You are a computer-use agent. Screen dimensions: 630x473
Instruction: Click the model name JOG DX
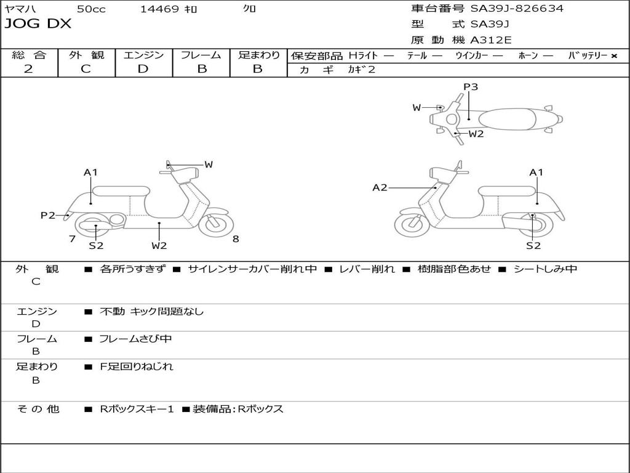tap(38, 23)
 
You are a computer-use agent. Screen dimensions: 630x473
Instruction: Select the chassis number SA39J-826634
tap(517, 9)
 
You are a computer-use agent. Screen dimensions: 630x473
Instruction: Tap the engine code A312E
tap(490, 40)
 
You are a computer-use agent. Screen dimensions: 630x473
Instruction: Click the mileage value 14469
tap(159, 9)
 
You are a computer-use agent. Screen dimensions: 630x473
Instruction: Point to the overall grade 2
tap(28, 69)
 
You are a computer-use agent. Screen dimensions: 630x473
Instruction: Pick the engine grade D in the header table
tap(143, 69)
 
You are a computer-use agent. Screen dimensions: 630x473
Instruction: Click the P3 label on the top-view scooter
tap(471, 86)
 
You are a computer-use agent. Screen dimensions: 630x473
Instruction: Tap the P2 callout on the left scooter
tap(48, 215)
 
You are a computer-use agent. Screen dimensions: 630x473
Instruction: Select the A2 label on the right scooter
tap(380, 187)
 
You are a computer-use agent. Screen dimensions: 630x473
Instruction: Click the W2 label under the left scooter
tap(159, 245)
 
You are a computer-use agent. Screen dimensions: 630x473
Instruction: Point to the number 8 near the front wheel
tap(236, 239)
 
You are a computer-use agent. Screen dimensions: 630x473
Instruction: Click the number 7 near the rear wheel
tap(73, 239)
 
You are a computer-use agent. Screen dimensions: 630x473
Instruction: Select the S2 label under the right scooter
tap(533, 245)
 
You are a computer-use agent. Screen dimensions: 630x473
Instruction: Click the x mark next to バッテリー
tap(614, 56)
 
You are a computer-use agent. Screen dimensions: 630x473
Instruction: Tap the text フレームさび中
tap(135, 339)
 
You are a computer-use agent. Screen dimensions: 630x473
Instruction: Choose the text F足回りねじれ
tap(136, 366)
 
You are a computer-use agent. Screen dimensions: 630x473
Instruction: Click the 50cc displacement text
tap(91, 9)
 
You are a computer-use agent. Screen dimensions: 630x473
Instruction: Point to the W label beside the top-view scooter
tap(417, 107)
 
